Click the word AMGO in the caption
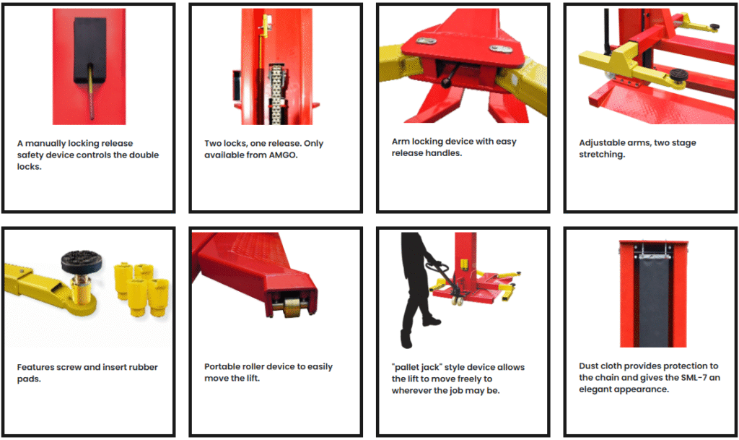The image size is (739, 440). coord(282,155)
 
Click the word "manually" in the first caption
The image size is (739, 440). coord(45,143)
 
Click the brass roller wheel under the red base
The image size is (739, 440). coord(293,307)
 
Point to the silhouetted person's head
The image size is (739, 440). coord(409,240)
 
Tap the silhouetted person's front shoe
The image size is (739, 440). coord(431,322)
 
